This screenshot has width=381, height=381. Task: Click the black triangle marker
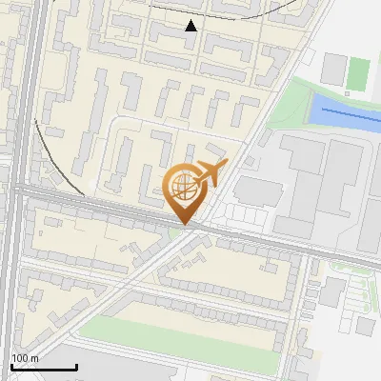coord(191,26)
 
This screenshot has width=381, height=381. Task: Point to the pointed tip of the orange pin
coord(184,225)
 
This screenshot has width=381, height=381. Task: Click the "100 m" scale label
coord(24,358)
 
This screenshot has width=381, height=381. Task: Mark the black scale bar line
coord(44,367)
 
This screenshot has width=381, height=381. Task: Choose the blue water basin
coord(344,111)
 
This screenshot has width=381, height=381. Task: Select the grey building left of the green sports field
coord(334,68)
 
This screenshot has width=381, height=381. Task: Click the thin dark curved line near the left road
coord(57,152)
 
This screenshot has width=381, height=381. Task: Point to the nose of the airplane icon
coord(224,167)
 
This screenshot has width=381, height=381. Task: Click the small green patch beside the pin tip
coord(174,231)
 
